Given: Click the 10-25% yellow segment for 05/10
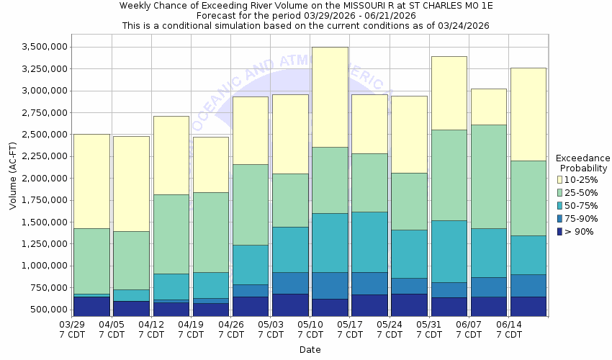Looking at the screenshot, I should click(x=330, y=97).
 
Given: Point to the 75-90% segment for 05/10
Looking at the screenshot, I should click(x=330, y=285).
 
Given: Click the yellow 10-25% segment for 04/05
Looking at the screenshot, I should click(x=131, y=184).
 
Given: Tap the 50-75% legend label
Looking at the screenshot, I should click(x=580, y=205).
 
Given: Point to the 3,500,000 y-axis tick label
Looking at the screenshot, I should click(x=46, y=48).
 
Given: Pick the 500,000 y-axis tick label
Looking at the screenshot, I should click(x=51, y=310).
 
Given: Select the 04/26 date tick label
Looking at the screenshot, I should click(x=230, y=329).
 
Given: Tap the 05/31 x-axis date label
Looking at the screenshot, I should click(x=429, y=329).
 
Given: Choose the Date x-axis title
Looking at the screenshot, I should click(x=310, y=350).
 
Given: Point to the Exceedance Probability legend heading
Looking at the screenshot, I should click(x=583, y=163).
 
